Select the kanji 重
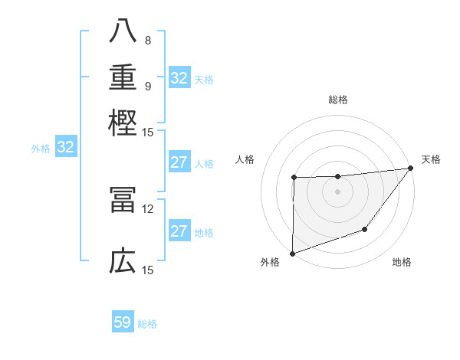(x=123, y=77)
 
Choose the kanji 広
(x=123, y=261)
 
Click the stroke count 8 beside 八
(x=148, y=41)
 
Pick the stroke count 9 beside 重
(x=148, y=85)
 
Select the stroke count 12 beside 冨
(x=148, y=208)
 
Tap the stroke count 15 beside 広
(x=148, y=270)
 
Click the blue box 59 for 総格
(x=123, y=322)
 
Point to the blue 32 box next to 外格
(x=65, y=148)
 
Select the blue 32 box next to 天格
(x=179, y=78)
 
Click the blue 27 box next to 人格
(x=179, y=162)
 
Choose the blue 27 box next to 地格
(x=179, y=231)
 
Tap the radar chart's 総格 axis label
(x=338, y=100)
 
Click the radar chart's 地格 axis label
(x=402, y=263)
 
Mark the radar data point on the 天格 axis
(x=410, y=168)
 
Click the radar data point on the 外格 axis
(x=293, y=253)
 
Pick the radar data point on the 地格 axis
(x=365, y=229)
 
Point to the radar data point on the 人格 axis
(x=294, y=178)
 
